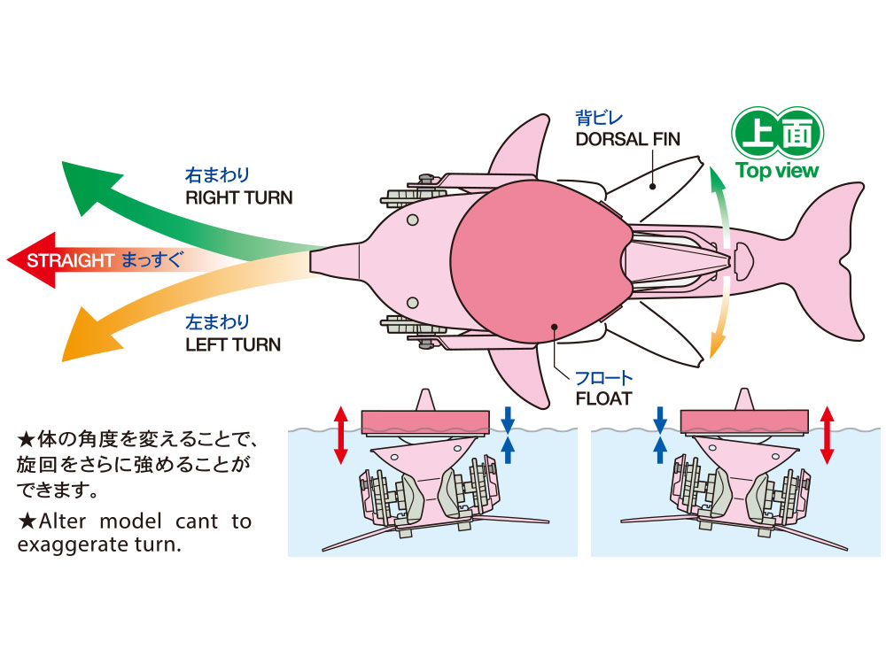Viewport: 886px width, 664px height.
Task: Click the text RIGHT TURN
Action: pyautogui.click(x=238, y=197)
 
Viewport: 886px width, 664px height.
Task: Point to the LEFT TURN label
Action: pyautogui.click(x=233, y=344)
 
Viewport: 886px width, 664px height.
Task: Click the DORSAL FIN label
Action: pyautogui.click(x=626, y=138)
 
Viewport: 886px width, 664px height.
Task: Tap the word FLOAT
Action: pyautogui.click(x=602, y=398)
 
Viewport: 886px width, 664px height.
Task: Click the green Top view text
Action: pyautogui.click(x=777, y=171)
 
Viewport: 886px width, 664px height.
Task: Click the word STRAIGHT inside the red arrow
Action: pyautogui.click(x=71, y=260)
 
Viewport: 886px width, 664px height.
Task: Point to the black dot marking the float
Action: pyautogui.click(x=555, y=327)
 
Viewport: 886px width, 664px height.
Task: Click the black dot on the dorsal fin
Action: pyautogui.click(x=652, y=186)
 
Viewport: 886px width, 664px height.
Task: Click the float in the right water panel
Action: pyautogui.click(x=744, y=419)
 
